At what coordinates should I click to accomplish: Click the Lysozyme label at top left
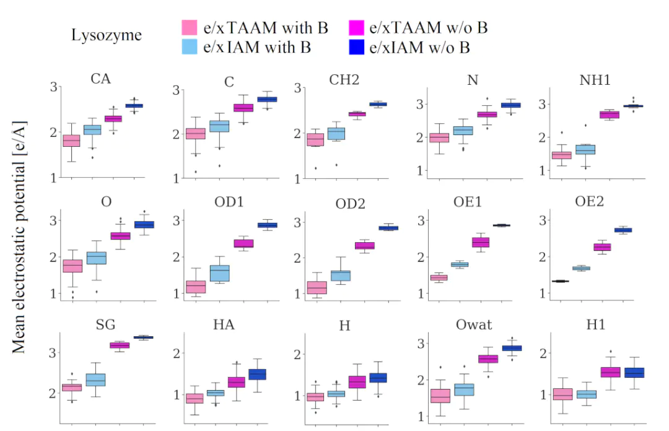(107, 35)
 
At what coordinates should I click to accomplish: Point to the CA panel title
(101, 79)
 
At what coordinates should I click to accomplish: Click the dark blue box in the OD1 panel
(268, 225)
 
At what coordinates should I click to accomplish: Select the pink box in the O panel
(72, 266)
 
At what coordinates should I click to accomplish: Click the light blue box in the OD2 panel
(340, 276)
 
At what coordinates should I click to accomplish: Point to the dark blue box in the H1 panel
(632, 373)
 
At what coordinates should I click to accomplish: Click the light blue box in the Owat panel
(464, 389)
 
